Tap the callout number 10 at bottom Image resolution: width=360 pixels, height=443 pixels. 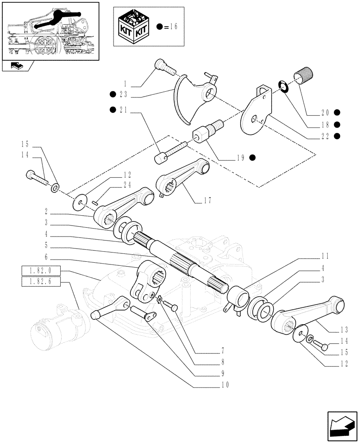pos(225,385)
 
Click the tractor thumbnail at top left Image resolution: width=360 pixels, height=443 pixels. pos(50,31)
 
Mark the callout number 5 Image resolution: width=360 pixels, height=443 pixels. pos(46,245)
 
